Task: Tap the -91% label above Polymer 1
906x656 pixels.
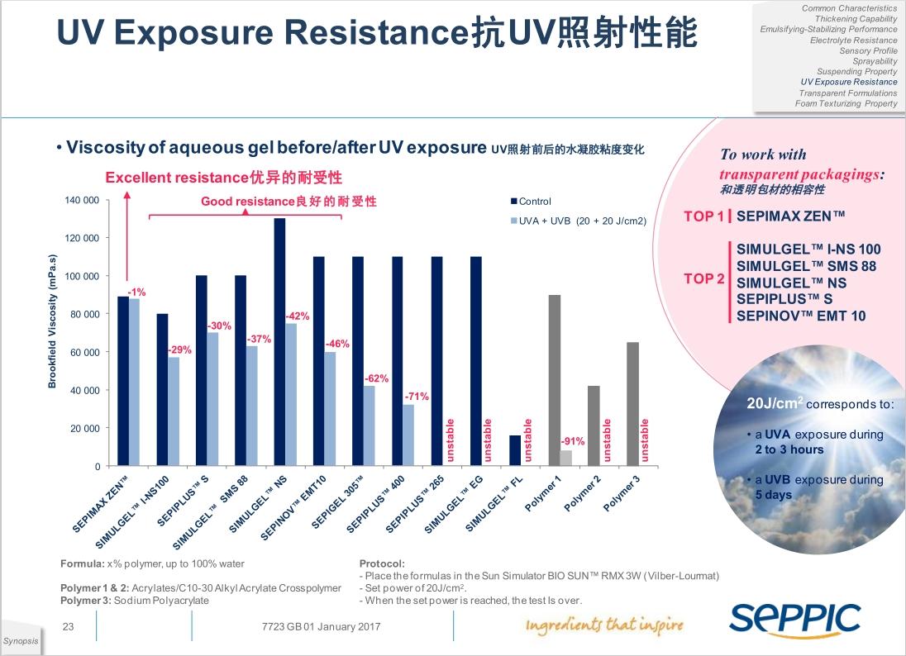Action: (573, 441)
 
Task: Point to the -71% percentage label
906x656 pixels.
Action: (416, 397)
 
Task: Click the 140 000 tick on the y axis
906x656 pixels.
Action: (82, 201)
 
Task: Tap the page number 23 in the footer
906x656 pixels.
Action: (69, 627)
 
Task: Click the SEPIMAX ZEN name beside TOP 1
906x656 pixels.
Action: (790, 216)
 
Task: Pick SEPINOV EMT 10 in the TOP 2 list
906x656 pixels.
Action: (800, 316)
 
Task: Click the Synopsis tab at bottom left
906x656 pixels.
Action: (21, 642)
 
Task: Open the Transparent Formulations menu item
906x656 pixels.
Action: (847, 93)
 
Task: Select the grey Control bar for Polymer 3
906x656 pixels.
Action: (632, 404)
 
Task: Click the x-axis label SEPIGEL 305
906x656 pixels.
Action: (338, 503)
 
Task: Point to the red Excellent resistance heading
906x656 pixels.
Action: (223, 178)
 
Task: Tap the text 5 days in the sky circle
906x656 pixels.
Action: (773, 495)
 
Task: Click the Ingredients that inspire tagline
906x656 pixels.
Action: (604, 625)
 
